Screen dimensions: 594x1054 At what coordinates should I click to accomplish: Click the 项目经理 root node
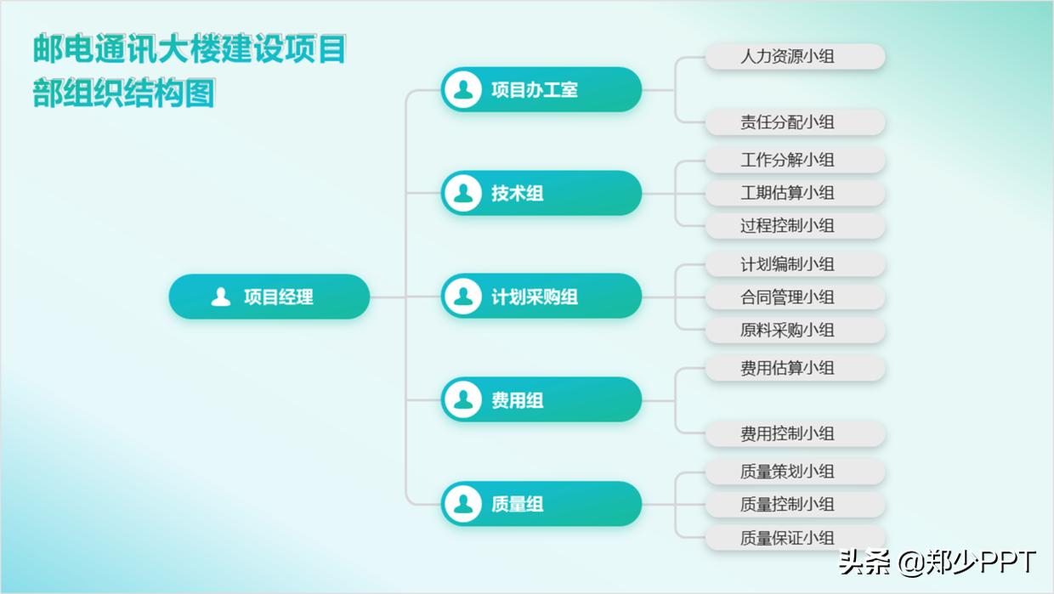[269, 297]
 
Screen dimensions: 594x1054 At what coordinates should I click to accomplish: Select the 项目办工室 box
[541, 89]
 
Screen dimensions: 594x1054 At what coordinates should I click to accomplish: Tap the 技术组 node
[541, 193]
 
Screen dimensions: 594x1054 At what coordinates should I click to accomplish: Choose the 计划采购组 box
[541, 297]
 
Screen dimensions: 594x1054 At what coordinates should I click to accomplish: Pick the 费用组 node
[541, 399]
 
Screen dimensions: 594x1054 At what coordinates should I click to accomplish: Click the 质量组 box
[541, 503]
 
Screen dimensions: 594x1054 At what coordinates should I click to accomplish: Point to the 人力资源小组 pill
[795, 57]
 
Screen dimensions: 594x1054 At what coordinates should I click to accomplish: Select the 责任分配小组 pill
[795, 122]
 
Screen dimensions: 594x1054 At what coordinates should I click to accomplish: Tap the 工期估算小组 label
[795, 193]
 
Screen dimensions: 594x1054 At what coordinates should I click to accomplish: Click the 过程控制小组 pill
[795, 226]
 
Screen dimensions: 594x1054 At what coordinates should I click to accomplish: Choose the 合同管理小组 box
[795, 297]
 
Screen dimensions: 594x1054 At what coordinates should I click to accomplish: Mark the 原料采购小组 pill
[795, 330]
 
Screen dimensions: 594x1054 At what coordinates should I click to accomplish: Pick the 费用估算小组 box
[795, 368]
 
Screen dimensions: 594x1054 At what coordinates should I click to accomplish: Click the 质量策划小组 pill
[795, 472]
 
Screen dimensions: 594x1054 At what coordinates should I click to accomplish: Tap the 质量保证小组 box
[795, 538]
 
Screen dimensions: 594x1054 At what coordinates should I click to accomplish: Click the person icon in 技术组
[463, 193]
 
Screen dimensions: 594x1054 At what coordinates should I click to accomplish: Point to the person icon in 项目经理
[221, 297]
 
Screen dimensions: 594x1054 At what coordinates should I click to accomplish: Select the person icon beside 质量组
[463, 503]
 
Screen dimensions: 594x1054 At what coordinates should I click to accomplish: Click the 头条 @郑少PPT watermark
[937, 563]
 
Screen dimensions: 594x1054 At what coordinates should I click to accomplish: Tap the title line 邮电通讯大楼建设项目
[190, 49]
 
